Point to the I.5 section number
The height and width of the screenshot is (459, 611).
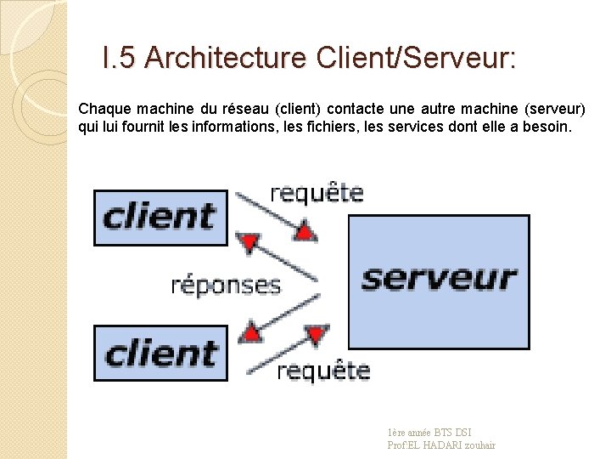[119, 59]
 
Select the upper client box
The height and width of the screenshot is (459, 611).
[160, 217]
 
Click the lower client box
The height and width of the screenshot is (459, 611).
[160, 353]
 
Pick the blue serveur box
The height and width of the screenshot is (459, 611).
[439, 280]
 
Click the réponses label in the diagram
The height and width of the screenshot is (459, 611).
[226, 285]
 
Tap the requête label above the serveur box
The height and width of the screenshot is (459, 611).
[317, 194]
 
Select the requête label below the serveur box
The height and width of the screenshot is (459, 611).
[323, 371]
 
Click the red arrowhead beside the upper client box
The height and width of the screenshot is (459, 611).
[249, 244]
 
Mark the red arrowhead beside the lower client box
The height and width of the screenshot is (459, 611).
[251, 330]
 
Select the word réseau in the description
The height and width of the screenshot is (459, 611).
[243, 110]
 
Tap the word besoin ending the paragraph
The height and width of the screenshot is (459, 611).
[552, 127]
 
